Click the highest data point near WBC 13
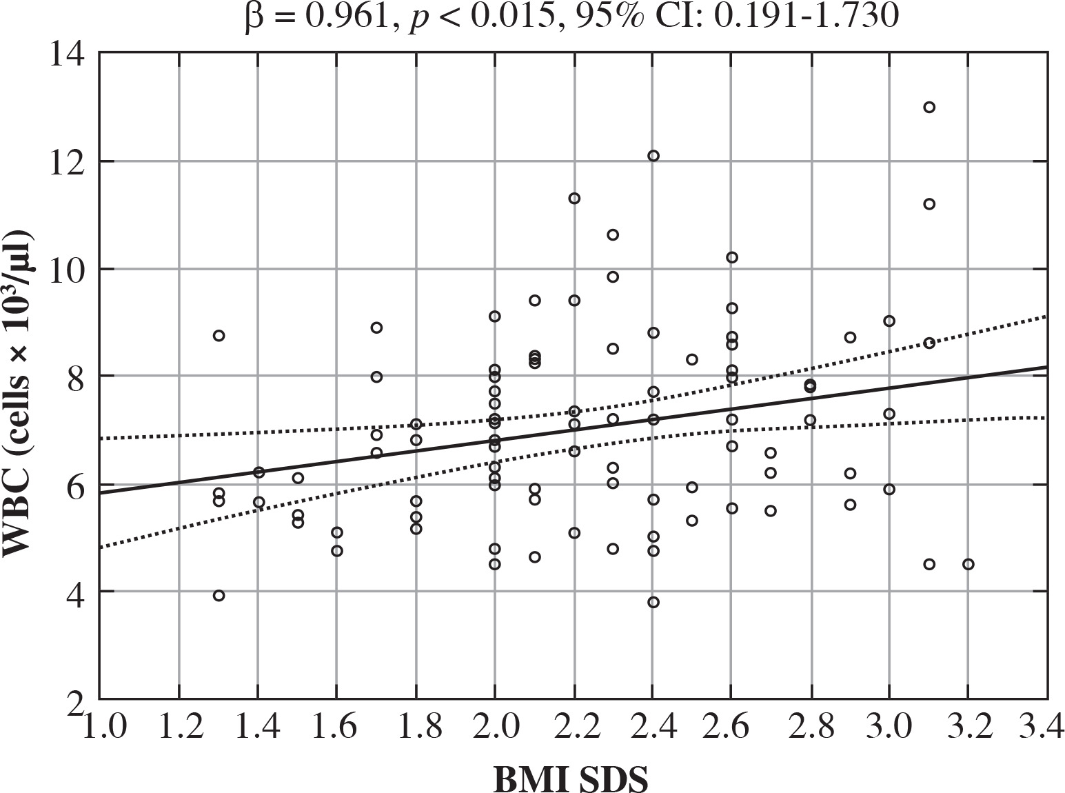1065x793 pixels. pyautogui.click(x=929, y=107)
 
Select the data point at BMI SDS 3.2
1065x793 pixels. pyautogui.click(x=968, y=564)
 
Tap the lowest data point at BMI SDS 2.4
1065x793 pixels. pyautogui.click(x=653, y=602)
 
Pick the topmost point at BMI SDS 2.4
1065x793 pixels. pyautogui.click(x=653, y=156)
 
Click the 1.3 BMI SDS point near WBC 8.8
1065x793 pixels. pyautogui.click(x=219, y=336)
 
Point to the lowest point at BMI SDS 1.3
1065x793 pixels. pyautogui.click(x=219, y=596)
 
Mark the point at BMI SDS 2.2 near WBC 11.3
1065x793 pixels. pyautogui.click(x=574, y=199)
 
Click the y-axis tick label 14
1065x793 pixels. pyautogui.click(x=69, y=54)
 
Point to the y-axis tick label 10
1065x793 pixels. pyautogui.click(x=69, y=269)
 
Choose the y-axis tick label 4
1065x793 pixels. pyautogui.click(x=77, y=592)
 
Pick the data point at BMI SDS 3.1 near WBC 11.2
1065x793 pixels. pyautogui.click(x=929, y=204)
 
